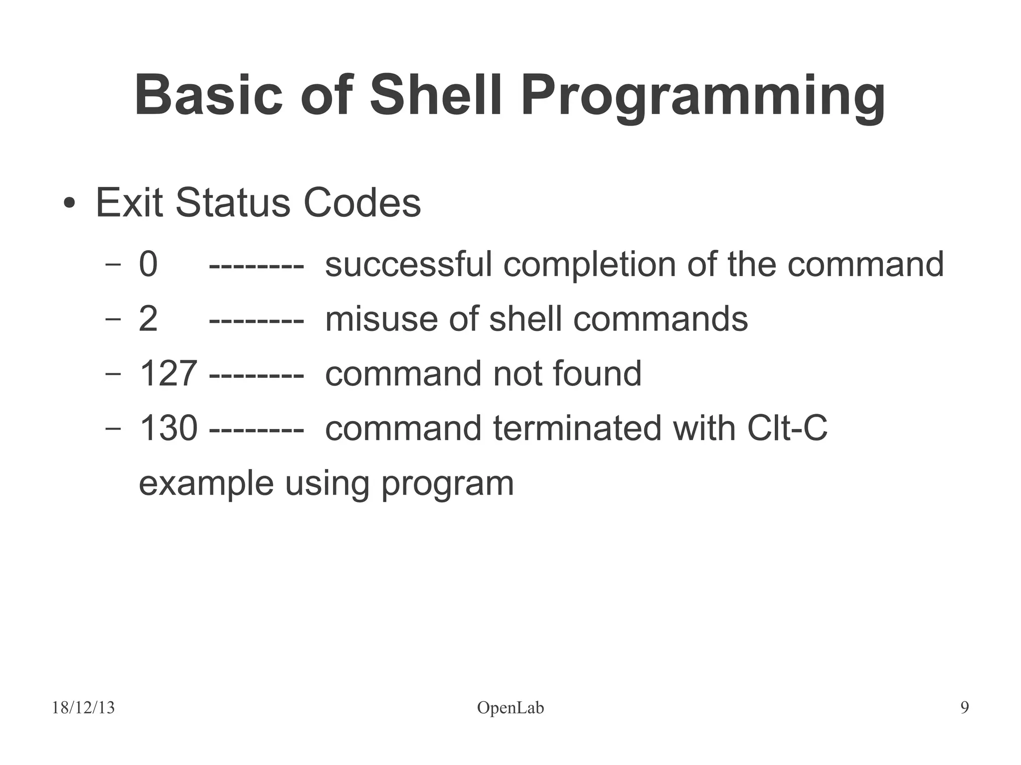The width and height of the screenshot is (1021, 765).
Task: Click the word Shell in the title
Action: [436, 96]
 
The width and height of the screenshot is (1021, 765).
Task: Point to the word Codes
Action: [362, 203]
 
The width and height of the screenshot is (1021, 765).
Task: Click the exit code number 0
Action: [148, 264]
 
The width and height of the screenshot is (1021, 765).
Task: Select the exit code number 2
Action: [148, 319]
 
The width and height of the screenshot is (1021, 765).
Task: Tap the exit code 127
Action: [169, 374]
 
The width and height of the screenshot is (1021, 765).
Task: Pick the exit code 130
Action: [169, 428]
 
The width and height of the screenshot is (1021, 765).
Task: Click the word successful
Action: [408, 264]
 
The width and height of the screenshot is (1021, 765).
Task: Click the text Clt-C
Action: [787, 428]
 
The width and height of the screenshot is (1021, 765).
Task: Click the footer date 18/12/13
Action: [83, 708]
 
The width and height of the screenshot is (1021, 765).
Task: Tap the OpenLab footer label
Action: [510, 708]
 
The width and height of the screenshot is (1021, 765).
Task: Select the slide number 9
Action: [965, 708]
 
